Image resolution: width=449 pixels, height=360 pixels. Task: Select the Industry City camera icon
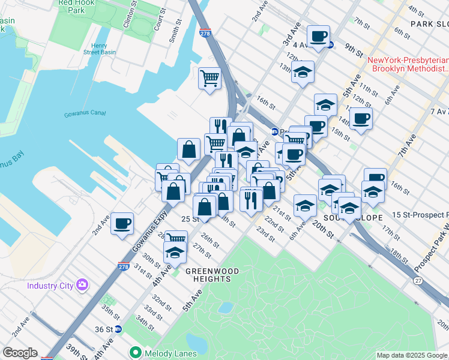(x=82, y=284)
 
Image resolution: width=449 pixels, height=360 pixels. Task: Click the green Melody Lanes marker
(x=136, y=352)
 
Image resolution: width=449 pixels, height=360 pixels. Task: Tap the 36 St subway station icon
(x=118, y=329)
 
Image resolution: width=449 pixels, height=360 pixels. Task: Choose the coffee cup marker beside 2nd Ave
(x=122, y=224)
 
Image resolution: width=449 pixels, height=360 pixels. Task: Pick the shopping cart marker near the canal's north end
(x=210, y=78)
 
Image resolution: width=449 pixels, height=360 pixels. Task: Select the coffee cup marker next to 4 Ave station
(x=319, y=36)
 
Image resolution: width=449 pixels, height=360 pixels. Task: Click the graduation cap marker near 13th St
(x=303, y=71)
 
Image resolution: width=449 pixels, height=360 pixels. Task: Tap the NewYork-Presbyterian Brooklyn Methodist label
(x=408, y=65)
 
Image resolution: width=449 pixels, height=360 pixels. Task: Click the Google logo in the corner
(x=19, y=353)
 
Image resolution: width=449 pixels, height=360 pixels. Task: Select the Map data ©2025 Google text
(x=412, y=355)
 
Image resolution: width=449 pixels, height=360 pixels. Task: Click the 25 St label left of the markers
(x=190, y=220)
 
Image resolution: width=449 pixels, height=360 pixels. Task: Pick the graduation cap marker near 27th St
(x=175, y=252)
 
